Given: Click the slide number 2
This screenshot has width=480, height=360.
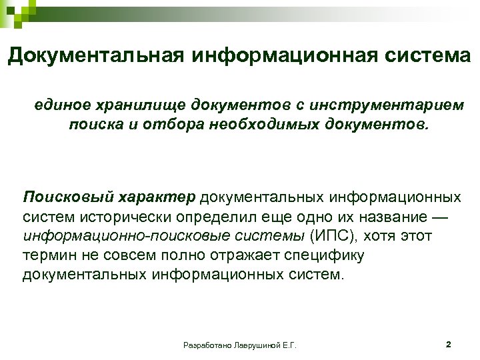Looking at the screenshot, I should coord(448,345).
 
